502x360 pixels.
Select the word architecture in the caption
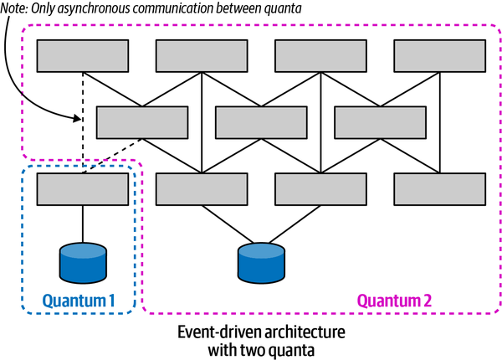click(306, 332)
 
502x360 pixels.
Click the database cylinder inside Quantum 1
click(82, 261)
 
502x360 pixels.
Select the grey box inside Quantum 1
click(82, 189)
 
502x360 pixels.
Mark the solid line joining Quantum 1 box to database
click(82, 224)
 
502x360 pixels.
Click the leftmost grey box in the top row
click(82, 56)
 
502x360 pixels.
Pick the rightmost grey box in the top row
click(439, 56)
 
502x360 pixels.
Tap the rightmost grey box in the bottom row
click(439, 189)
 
